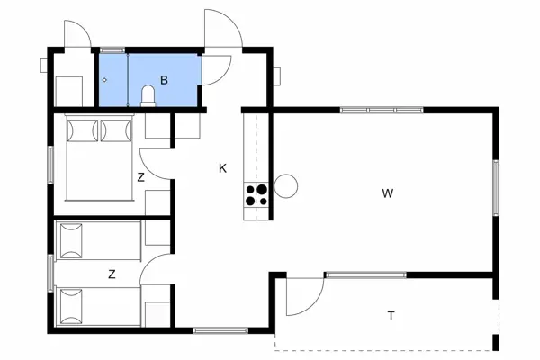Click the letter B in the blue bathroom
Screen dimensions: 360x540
164,80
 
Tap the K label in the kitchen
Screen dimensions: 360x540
222,168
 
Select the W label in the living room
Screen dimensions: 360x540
387,193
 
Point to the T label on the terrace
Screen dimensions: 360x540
391,315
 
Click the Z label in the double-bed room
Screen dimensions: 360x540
140,177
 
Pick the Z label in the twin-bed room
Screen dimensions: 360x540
112,274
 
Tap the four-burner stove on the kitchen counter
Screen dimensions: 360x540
256,195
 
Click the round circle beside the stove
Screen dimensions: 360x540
286,186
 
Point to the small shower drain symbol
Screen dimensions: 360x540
105,81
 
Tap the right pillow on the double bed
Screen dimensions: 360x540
115,131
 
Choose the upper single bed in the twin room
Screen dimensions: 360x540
98,241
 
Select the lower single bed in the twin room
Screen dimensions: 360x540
98,306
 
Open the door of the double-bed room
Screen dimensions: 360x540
155,160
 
